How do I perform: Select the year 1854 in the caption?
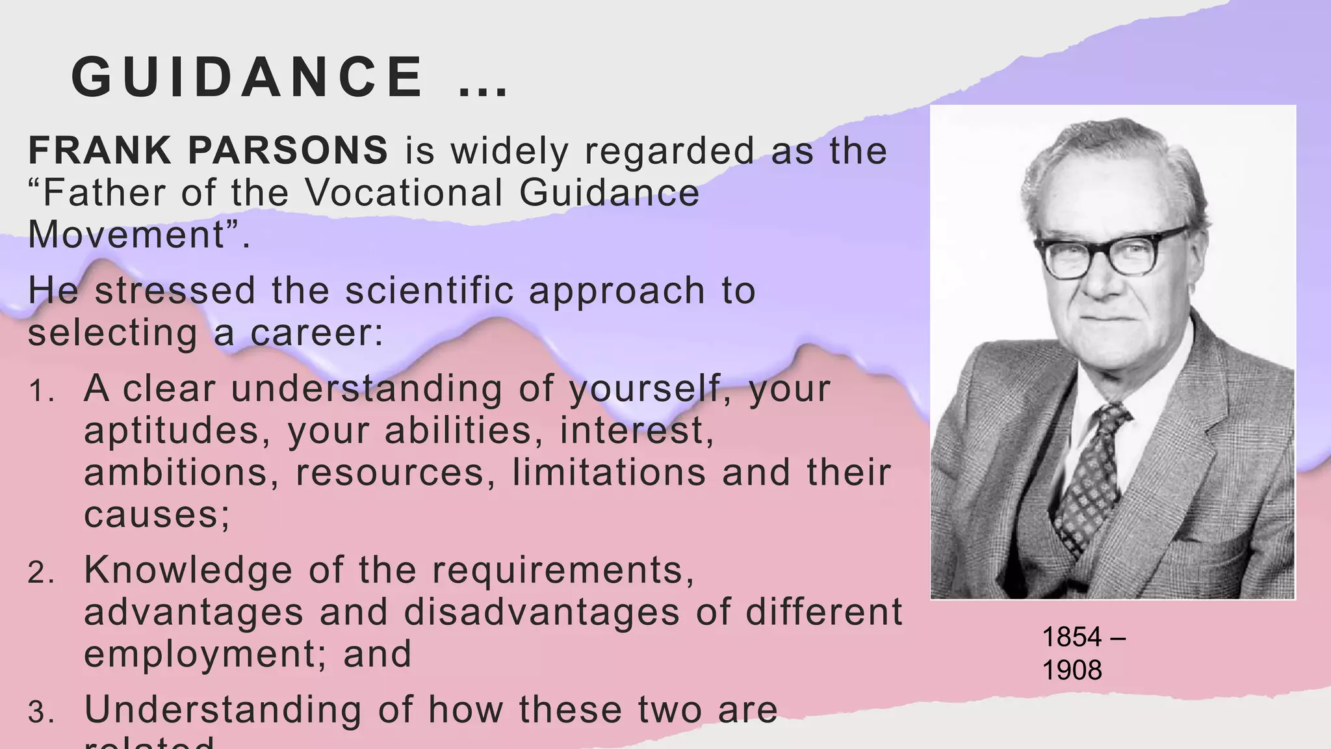point(1072,637)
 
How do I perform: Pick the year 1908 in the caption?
point(1072,670)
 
